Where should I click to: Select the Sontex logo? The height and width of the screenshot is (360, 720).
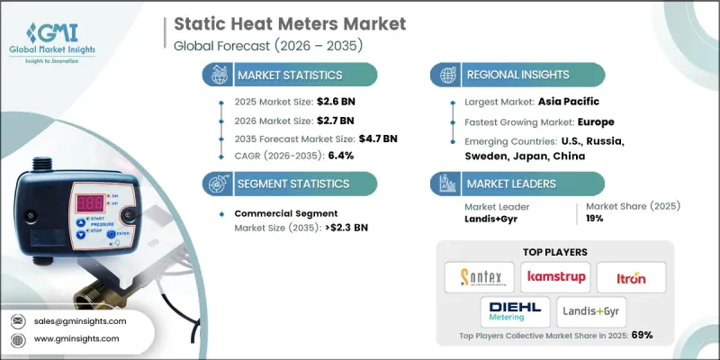click(x=481, y=276)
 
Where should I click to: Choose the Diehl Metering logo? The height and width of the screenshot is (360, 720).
click(x=514, y=311)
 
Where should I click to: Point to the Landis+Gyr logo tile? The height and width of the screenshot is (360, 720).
click(x=589, y=311)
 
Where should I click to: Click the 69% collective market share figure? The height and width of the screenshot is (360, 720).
click(x=641, y=335)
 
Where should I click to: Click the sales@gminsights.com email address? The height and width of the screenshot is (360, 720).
click(x=79, y=320)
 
